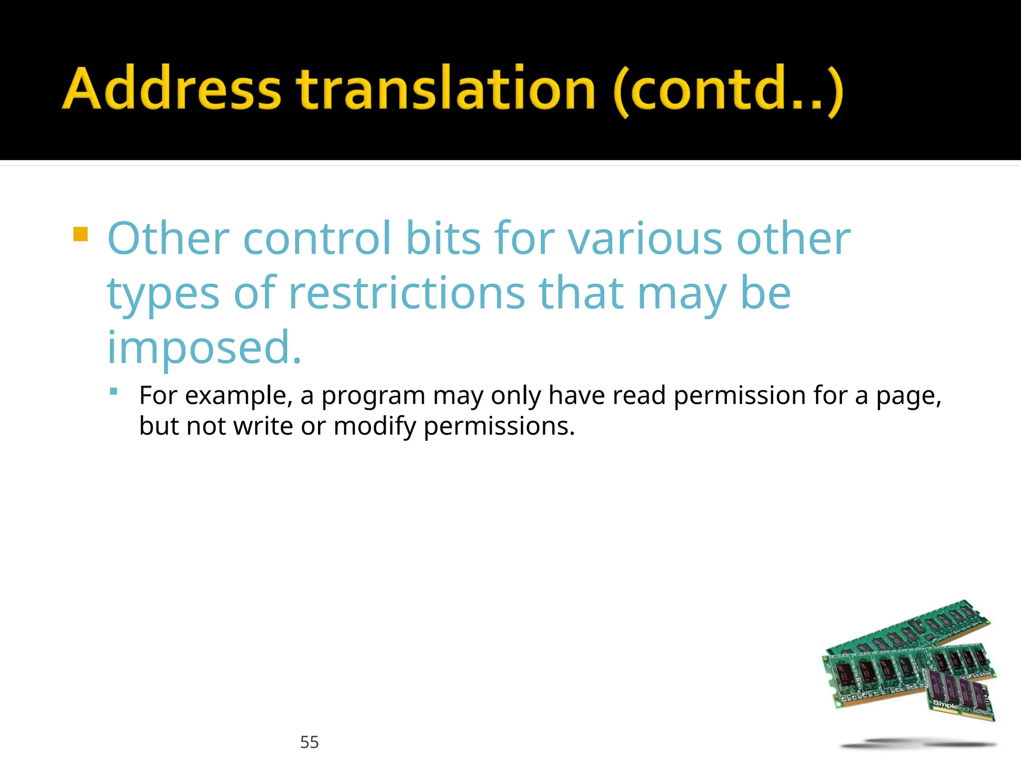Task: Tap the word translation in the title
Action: (x=446, y=89)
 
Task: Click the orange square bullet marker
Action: (x=80, y=234)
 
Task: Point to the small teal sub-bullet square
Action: (x=114, y=392)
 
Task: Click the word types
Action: (x=163, y=294)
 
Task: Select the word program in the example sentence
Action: (x=373, y=396)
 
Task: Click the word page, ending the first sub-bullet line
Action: (x=908, y=396)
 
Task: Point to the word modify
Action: (x=374, y=427)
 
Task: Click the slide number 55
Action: (x=309, y=742)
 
